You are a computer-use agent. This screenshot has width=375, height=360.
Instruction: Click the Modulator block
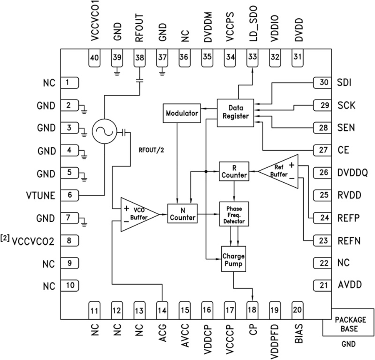pos(182,113)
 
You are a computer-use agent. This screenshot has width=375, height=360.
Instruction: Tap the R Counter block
pos(234,171)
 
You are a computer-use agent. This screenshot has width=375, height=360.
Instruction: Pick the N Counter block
pos(182,214)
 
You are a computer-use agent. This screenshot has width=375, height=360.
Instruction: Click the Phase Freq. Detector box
pos(234,214)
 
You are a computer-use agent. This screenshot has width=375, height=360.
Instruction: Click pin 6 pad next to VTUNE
pos(70,195)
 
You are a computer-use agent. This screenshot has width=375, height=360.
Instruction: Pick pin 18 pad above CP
pos(252,310)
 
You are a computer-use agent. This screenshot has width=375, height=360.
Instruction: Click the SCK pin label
pos(346,106)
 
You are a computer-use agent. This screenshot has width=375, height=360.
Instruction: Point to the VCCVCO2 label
pos(33,241)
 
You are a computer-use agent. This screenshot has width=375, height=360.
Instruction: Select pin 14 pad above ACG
pos(162,310)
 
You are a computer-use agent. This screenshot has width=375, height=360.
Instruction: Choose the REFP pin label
pos(348,218)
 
